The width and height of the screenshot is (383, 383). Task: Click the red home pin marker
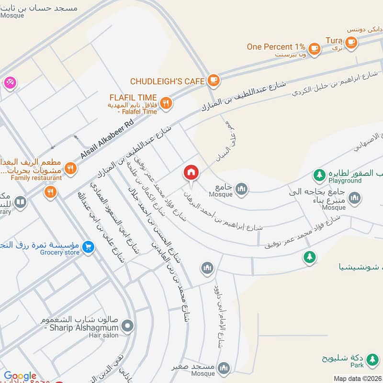[191, 173]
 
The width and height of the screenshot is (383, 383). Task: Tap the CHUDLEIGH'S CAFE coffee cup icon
[214, 81]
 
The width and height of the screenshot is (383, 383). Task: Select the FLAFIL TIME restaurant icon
[166, 103]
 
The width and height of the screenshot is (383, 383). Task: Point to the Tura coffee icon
[351, 43]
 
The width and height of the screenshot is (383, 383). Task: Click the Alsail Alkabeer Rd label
[108, 139]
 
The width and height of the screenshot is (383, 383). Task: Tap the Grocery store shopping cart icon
[88, 247]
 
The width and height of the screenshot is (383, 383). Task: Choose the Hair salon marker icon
[127, 327]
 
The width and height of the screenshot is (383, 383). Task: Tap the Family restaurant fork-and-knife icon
[71, 168]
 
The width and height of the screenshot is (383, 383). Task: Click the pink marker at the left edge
[9, 82]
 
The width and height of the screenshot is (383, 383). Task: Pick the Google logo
[20, 376]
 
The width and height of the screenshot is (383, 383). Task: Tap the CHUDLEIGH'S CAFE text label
[168, 81]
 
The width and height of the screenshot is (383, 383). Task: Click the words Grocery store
[60, 253]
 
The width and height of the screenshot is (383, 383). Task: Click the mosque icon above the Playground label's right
[354, 198]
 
